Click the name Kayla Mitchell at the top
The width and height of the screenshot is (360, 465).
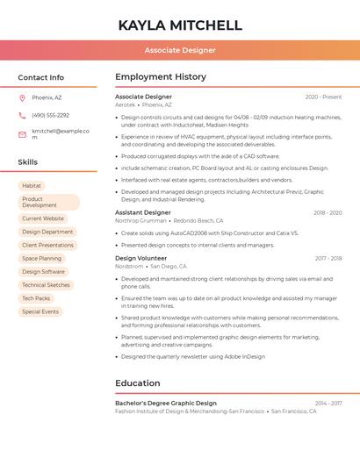click(180, 25)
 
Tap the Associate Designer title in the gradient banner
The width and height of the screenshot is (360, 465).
click(180, 50)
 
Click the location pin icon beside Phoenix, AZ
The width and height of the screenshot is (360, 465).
click(22, 97)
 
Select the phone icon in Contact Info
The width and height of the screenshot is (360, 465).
click(22, 115)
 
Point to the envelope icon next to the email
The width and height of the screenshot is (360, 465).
click(22, 133)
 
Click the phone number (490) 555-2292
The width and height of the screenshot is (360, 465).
click(50, 115)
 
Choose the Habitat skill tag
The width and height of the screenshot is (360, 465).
click(32, 186)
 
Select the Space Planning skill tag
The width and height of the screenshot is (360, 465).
click(42, 258)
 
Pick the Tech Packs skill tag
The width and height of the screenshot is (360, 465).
click(36, 298)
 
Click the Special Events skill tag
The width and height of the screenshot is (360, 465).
click(40, 311)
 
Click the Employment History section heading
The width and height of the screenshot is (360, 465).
click(161, 77)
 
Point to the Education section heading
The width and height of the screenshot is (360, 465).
click(138, 383)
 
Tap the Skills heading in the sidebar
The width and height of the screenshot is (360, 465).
click(28, 162)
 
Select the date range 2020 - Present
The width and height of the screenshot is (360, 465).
click(323, 97)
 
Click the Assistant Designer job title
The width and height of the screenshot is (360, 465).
click(143, 212)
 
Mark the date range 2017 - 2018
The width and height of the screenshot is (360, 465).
click(328, 258)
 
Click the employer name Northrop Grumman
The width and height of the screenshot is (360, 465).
click(140, 221)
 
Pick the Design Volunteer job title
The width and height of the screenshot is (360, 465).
click(140, 258)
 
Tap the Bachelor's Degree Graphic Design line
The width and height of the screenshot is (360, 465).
click(166, 403)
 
